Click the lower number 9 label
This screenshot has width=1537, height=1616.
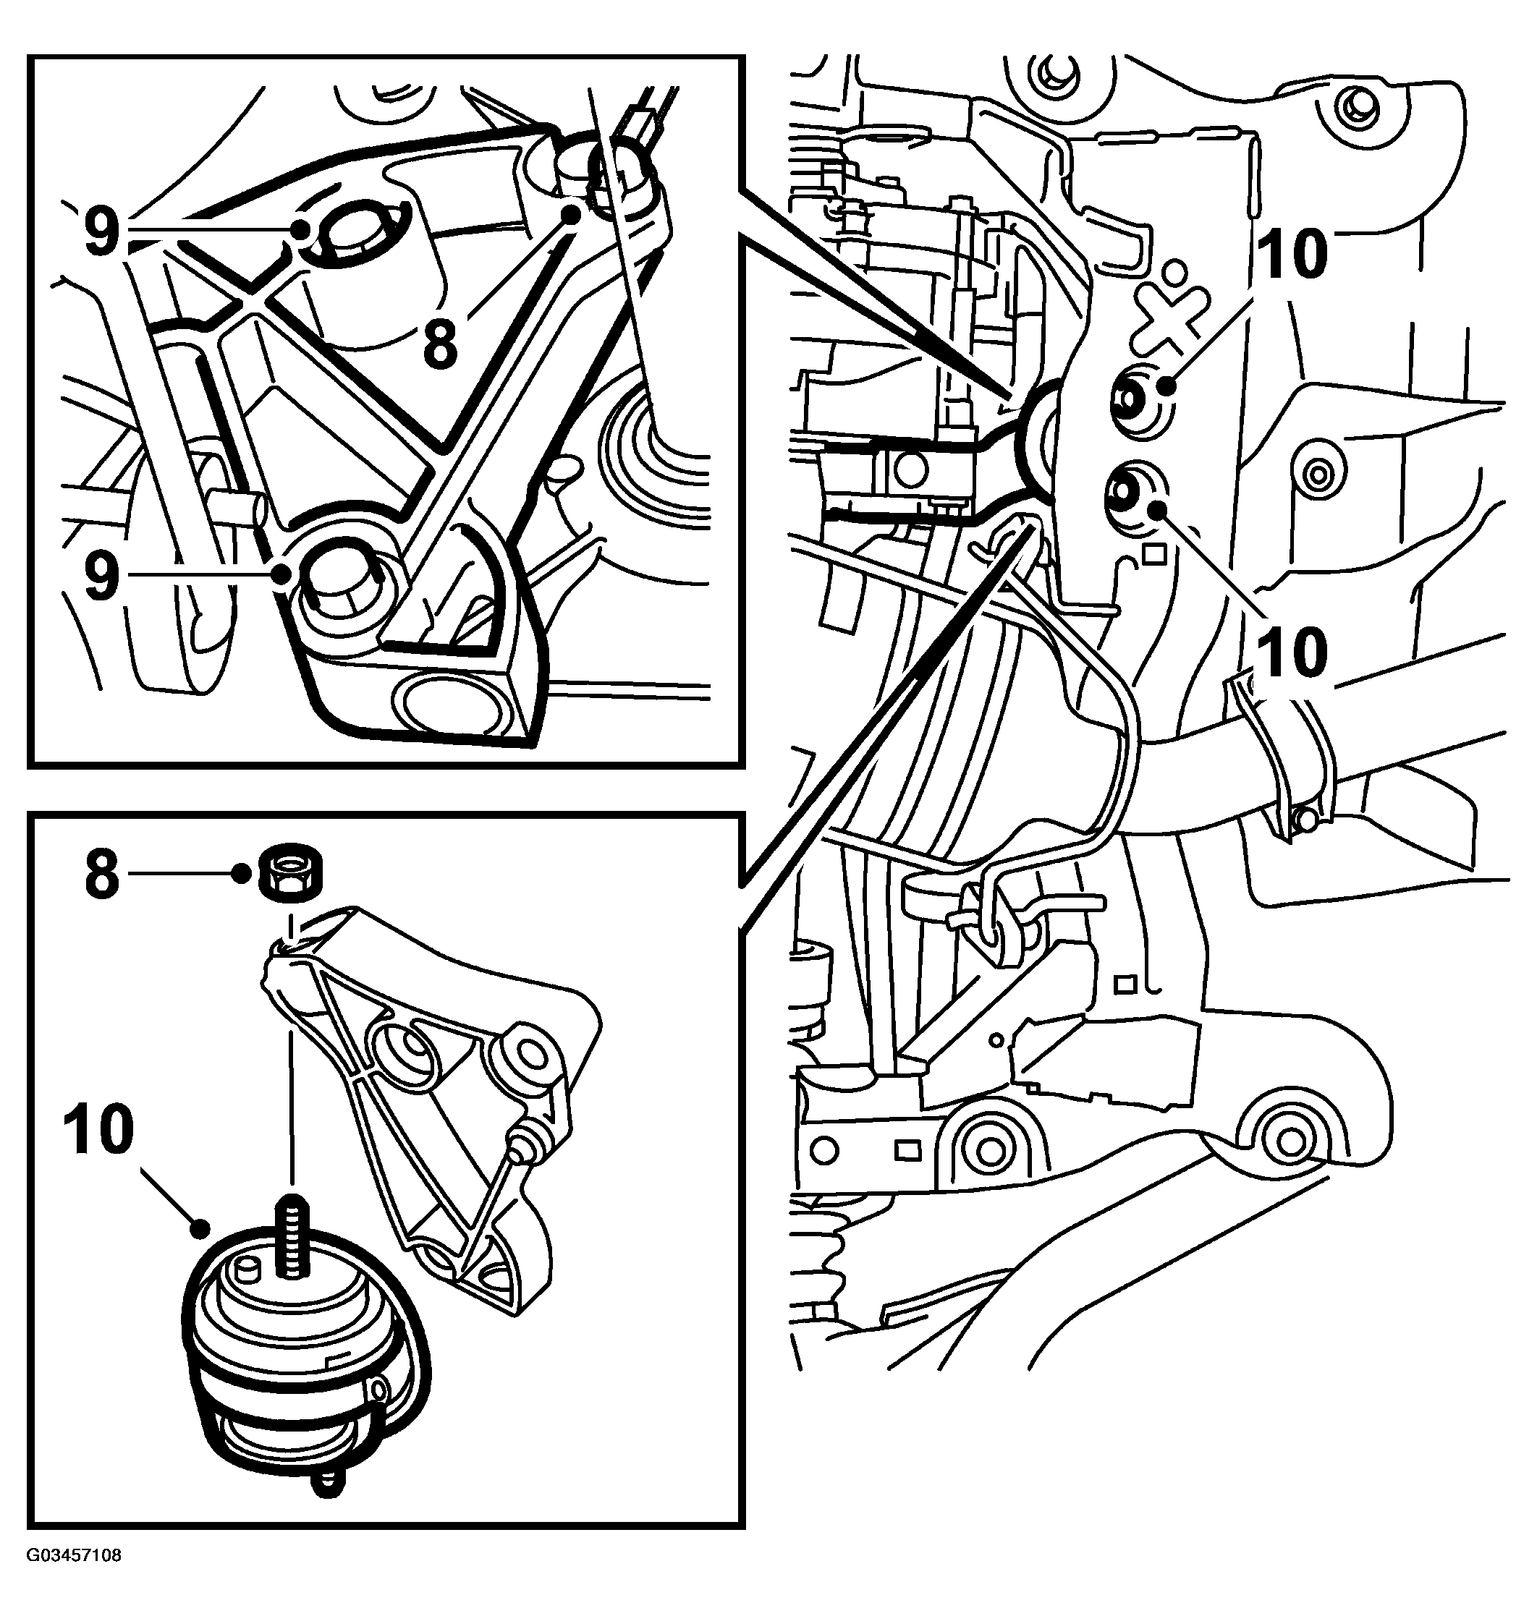coord(101,577)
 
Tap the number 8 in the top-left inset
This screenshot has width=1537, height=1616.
coord(440,345)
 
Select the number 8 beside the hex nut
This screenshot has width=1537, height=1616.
coord(101,875)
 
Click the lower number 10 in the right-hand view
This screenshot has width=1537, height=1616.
coord(1292,652)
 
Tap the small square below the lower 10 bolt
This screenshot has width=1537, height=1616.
coord(1153,556)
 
